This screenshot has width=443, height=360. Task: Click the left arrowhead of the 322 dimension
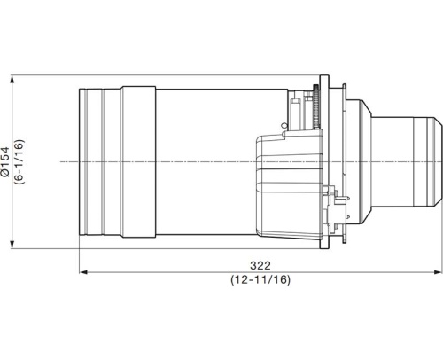[82, 272]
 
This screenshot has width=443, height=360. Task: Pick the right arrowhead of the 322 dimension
[439, 272]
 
